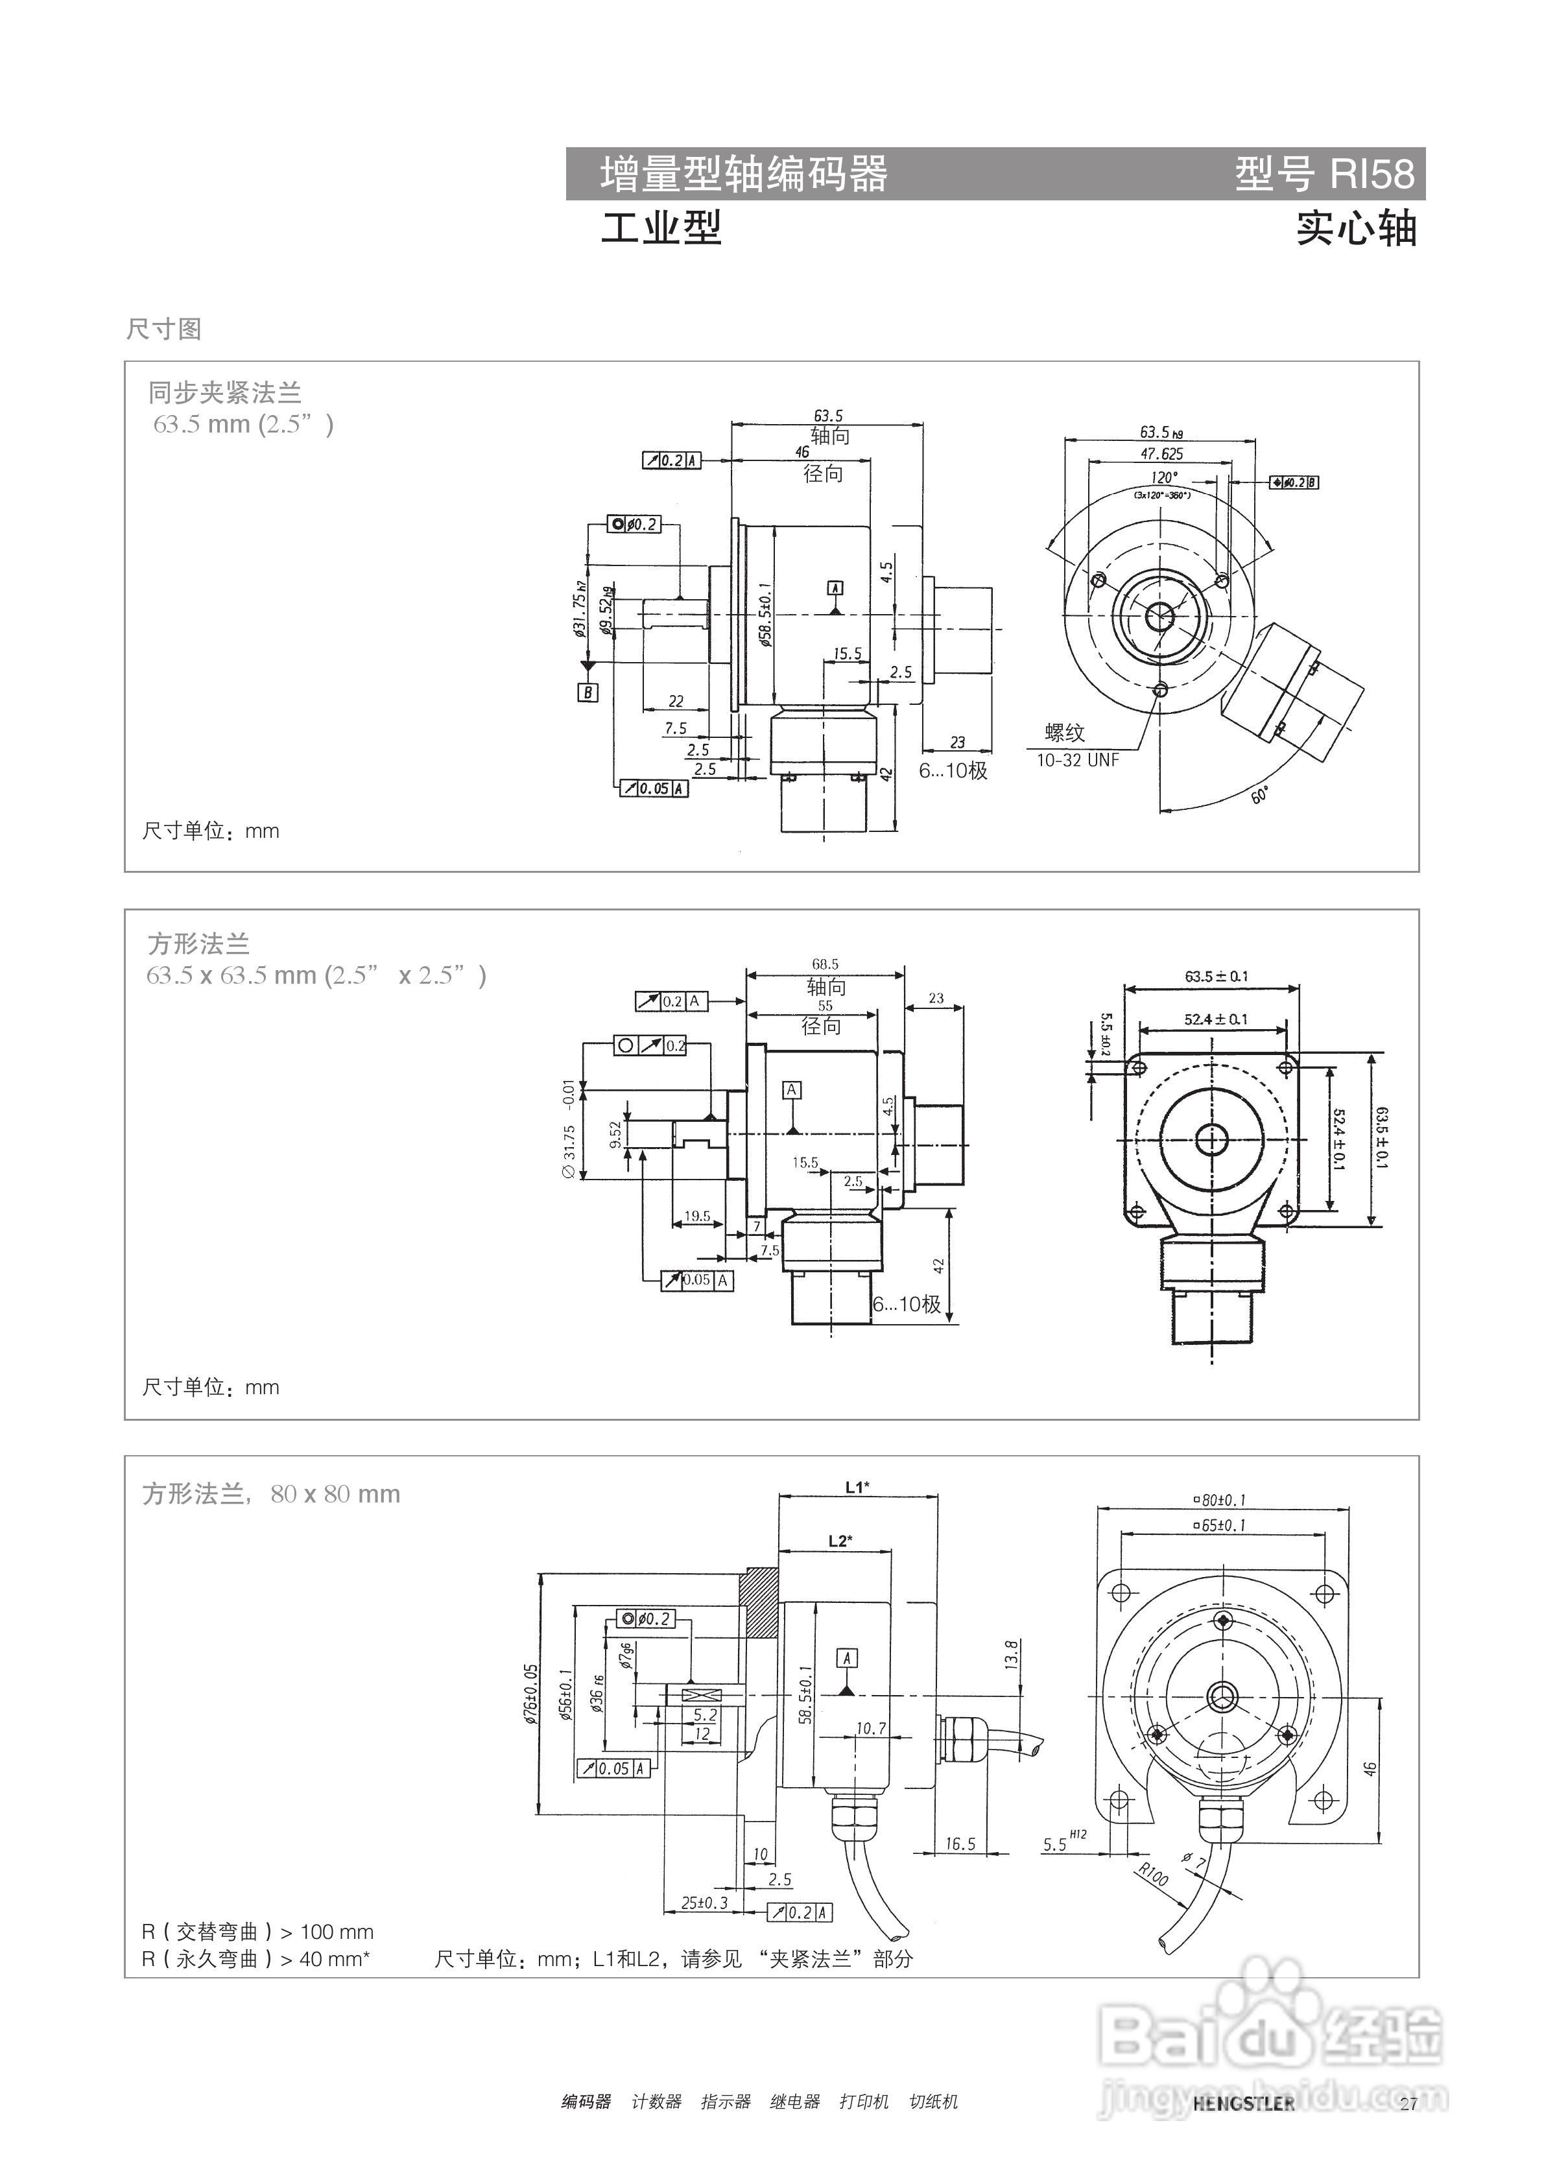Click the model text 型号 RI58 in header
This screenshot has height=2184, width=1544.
1324,174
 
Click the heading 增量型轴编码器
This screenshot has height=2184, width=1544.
744,174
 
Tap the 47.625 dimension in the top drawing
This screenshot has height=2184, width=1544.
1161,455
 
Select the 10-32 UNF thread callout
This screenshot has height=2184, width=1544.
1077,760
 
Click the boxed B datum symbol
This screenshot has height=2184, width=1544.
588,693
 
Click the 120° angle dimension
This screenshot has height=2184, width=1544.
1163,477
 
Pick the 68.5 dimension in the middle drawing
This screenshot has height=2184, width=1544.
825,964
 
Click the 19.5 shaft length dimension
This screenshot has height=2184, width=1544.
696,1216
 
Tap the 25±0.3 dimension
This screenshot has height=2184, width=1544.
704,1903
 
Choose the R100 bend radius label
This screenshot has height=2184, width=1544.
1153,1875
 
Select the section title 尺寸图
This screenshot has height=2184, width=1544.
163,329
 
